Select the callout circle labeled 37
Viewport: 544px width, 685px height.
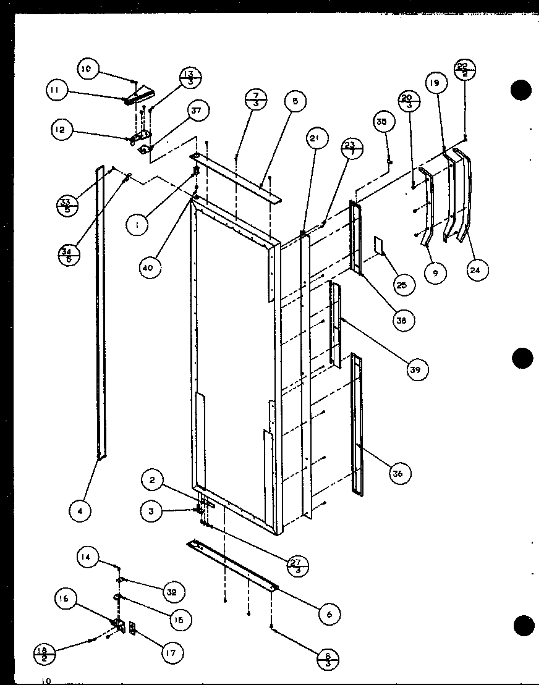pyautogui.click(x=196, y=111)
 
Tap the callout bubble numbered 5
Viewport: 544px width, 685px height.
pyautogui.click(x=295, y=101)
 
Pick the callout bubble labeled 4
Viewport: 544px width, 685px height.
pyautogui.click(x=80, y=510)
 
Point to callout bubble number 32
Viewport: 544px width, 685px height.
pyautogui.click(x=171, y=592)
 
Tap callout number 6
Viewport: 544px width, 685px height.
pyautogui.click(x=328, y=613)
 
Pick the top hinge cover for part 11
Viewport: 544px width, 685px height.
pyautogui.click(x=139, y=94)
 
